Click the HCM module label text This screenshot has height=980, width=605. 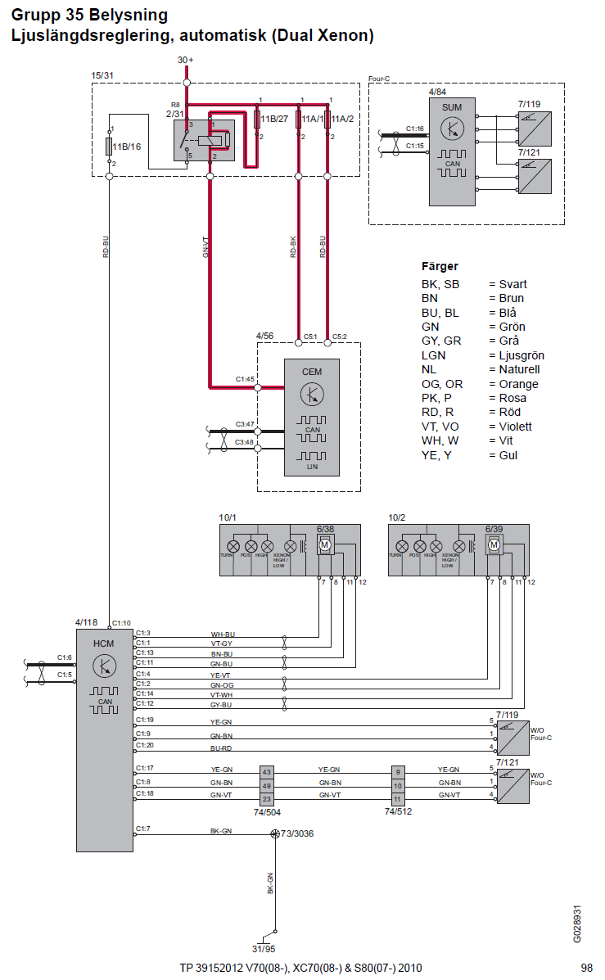[x=104, y=644]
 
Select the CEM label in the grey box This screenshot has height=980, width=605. [x=312, y=372]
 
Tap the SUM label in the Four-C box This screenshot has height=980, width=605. [x=452, y=107]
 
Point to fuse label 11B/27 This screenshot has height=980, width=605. [x=274, y=120]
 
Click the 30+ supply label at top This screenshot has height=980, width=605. [x=186, y=60]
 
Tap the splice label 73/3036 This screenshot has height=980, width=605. [x=297, y=833]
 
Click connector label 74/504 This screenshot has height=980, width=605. [x=266, y=814]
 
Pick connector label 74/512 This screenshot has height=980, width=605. [x=398, y=814]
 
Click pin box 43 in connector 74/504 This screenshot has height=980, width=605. [x=266, y=771]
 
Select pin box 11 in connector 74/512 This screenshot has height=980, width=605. [x=398, y=799]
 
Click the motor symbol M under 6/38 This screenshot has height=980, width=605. [x=325, y=545]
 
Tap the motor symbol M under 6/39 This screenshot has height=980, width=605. [x=494, y=545]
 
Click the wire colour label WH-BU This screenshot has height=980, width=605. [x=223, y=635]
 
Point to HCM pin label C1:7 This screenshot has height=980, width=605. [x=144, y=829]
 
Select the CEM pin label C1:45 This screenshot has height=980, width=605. [x=245, y=379]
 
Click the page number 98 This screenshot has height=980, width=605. [x=586, y=968]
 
